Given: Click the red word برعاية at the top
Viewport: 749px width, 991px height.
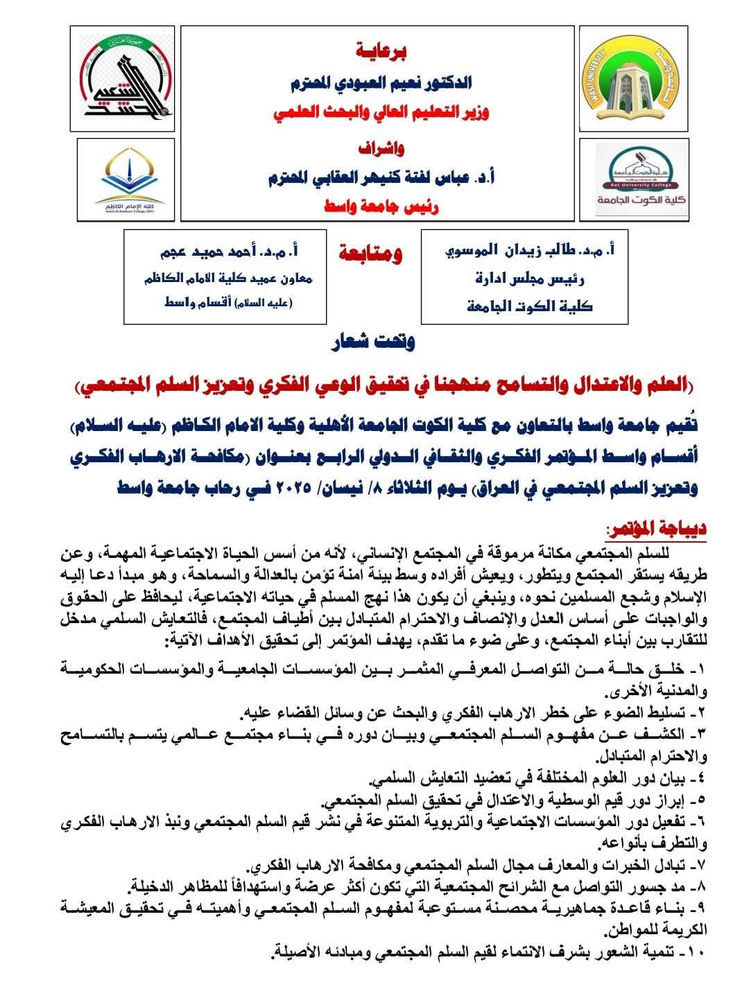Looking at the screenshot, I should [x=378, y=51].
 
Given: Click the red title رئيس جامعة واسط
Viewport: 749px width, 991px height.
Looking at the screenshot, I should [x=377, y=206].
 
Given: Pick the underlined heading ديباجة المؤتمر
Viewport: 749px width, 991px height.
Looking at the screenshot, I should [x=655, y=529].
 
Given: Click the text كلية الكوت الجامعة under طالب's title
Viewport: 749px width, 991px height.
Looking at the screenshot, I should [x=530, y=306].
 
